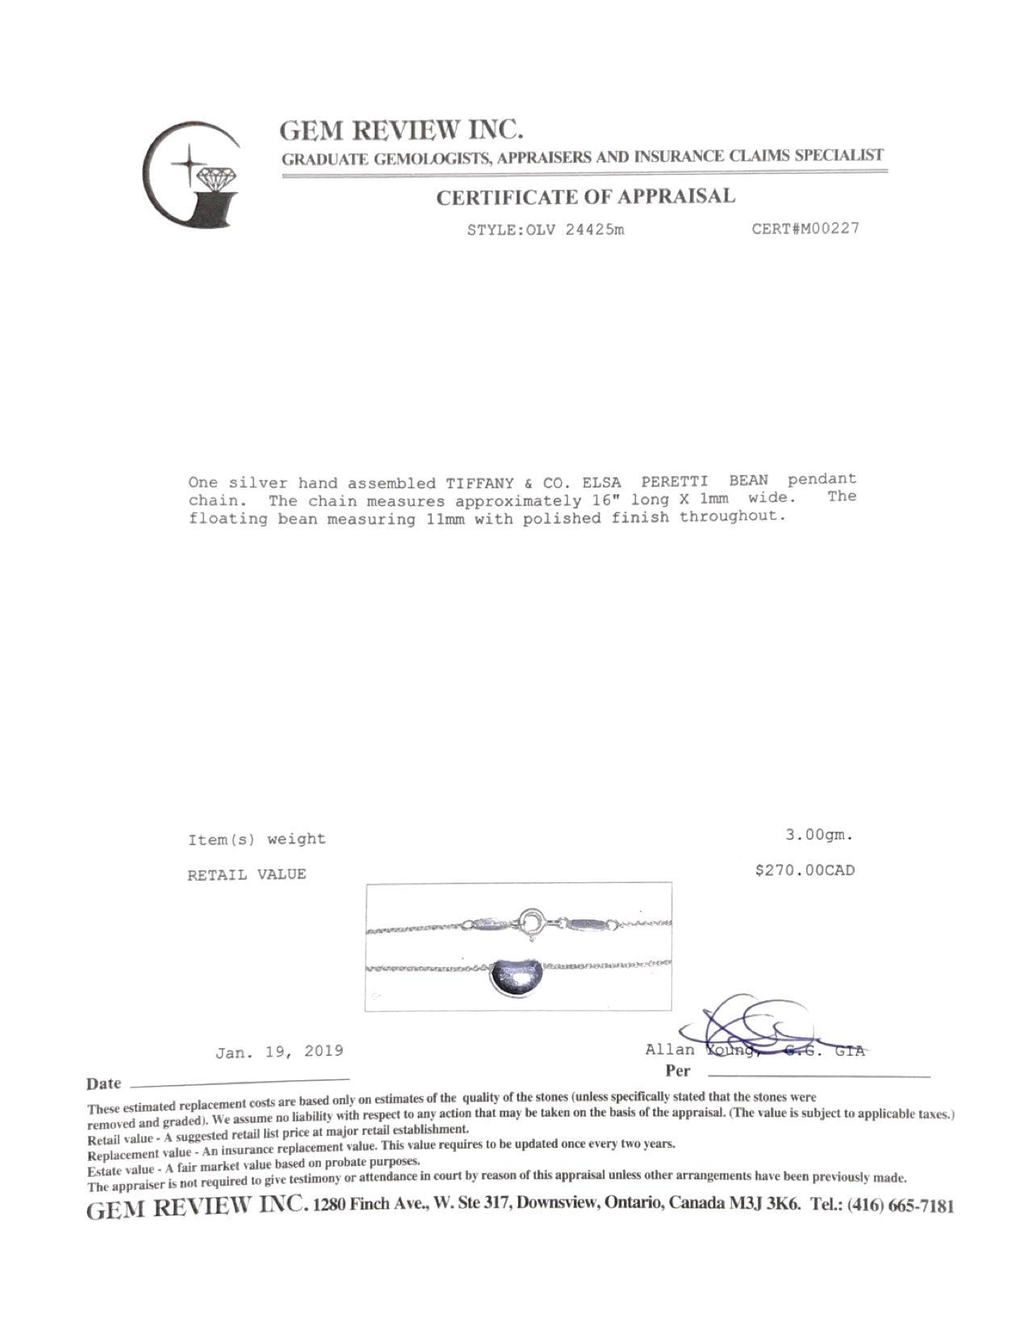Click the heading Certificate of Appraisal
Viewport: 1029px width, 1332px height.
click(x=586, y=197)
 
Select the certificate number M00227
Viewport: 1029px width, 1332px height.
click(x=805, y=228)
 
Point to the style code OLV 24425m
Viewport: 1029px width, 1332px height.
click(x=546, y=230)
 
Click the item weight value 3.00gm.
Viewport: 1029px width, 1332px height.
click(x=819, y=836)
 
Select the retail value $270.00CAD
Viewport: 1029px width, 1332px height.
click(x=804, y=870)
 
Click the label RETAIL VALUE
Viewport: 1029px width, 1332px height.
click(x=247, y=874)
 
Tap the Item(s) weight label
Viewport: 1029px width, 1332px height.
click(x=257, y=840)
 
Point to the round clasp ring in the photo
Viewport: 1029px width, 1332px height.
click(x=533, y=922)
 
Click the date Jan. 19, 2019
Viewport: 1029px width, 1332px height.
click(x=279, y=1051)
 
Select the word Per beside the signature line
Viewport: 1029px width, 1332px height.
click(x=678, y=1071)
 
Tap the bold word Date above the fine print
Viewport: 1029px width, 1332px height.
click(x=104, y=1083)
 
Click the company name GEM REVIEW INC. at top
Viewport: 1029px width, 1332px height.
click(x=401, y=130)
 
